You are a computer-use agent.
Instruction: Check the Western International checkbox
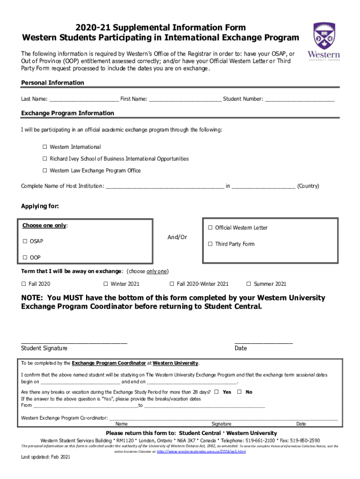tap(45, 147)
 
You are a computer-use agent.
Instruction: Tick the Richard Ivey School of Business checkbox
tap(45, 159)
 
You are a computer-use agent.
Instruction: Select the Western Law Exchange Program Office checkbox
tap(45, 171)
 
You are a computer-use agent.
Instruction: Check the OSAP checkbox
tap(25, 241)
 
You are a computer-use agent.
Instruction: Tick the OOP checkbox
tap(25, 258)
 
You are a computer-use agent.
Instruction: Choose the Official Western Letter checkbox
tap(210, 228)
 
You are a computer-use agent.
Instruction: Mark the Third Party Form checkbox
tap(210, 244)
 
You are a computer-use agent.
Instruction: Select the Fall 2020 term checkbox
tap(24, 284)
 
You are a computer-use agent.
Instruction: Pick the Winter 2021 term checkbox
tap(106, 284)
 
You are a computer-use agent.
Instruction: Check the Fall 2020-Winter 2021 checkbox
tap(172, 284)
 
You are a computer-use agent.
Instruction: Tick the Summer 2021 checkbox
tap(249, 284)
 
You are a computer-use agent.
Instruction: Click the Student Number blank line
tap(300, 100)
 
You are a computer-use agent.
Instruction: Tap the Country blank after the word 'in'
tap(263, 187)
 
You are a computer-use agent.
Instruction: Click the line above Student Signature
tap(74, 342)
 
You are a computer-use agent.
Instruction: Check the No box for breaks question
tap(239, 392)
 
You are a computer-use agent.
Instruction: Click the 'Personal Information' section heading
tap(53, 83)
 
